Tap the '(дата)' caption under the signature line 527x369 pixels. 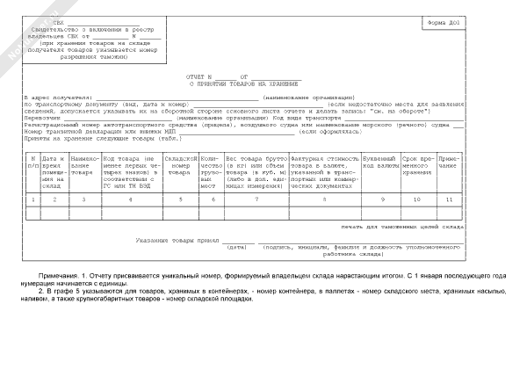tap(237, 247)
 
